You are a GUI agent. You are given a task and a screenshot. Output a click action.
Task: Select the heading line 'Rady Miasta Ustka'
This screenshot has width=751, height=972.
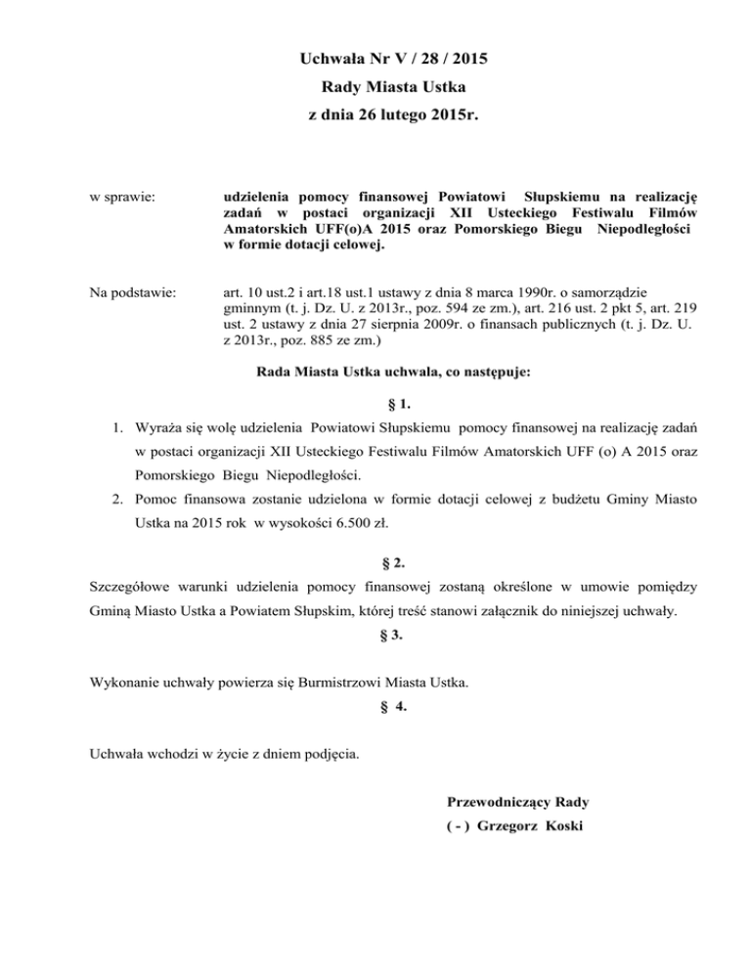point(375,92)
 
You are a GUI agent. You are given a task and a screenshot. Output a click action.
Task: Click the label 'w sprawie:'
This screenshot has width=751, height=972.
point(119,199)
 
